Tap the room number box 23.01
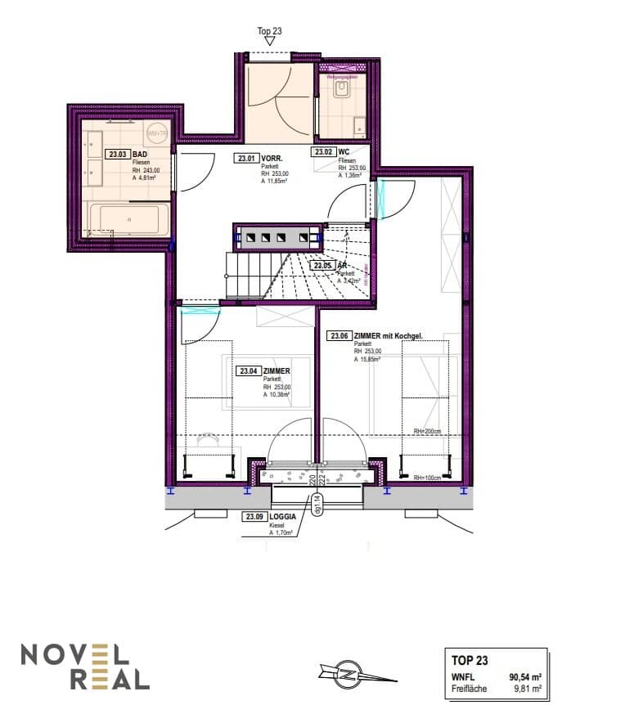[x=246, y=159]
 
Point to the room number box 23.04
[x=249, y=370]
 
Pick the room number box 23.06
[x=339, y=335]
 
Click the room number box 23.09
[x=254, y=516]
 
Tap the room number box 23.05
[x=323, y=266]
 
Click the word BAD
[x=140, y=154]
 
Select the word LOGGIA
[x=283, y=516]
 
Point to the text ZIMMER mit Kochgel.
[x=390, y=335]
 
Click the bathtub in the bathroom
[x=129, y=221]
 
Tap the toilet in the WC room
[x=342, y=88]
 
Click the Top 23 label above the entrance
[x=269, y=31]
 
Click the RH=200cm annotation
[x=427, y=432]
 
